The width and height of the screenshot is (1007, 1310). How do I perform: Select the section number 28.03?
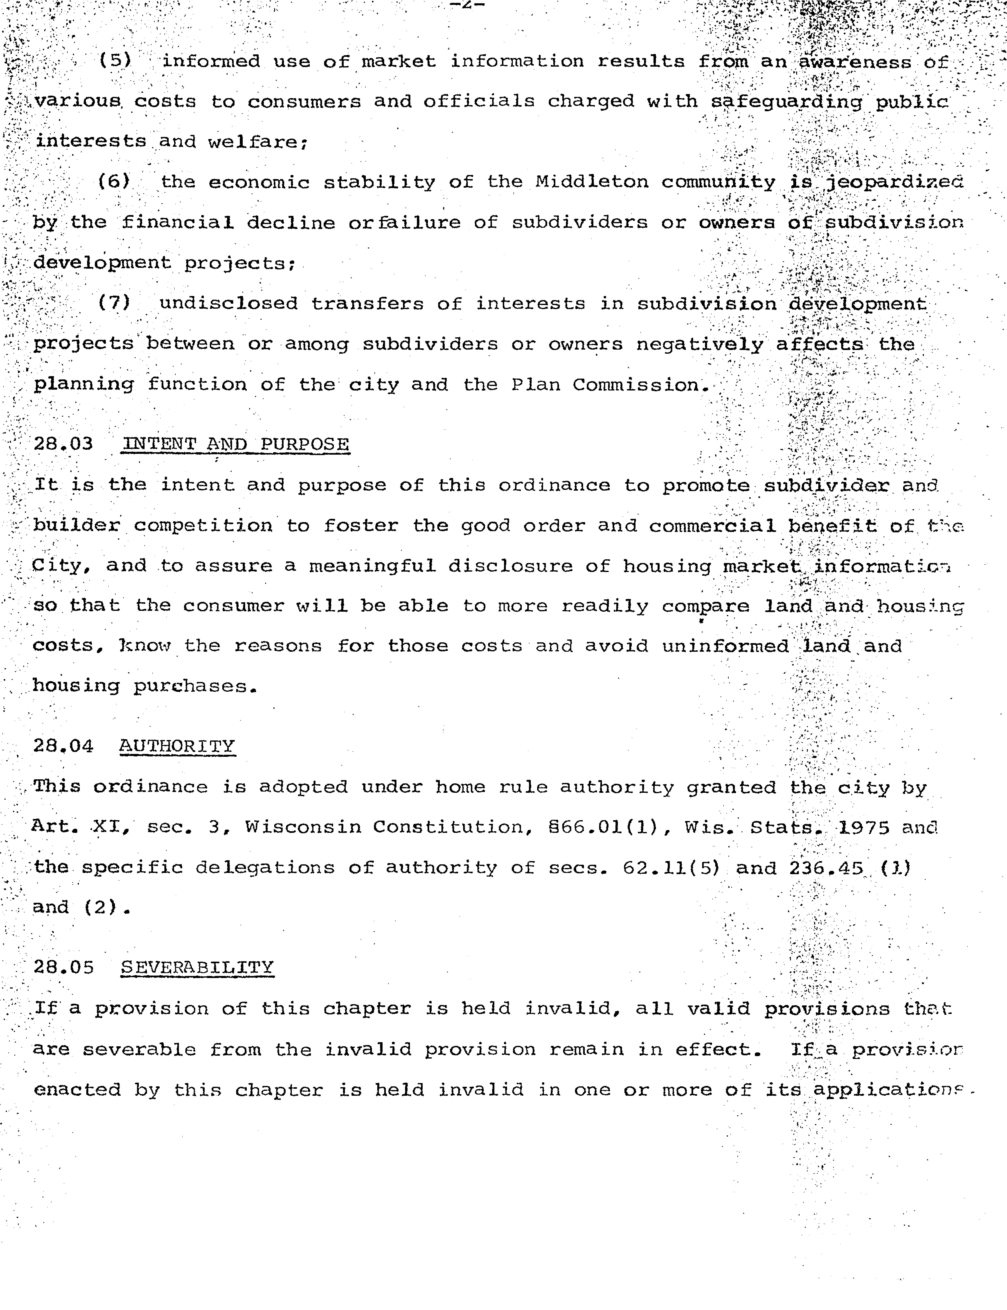(x=63, y=444)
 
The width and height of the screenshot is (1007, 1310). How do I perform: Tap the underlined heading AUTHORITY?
(x=177, y=746)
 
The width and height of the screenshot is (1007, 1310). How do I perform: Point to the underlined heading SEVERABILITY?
(x=197, y=967)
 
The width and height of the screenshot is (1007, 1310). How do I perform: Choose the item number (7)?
(x=114, y=303)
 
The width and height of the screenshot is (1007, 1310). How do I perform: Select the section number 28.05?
(x=63, y=967)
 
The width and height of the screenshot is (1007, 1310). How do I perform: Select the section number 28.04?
(x=63, y=746)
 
